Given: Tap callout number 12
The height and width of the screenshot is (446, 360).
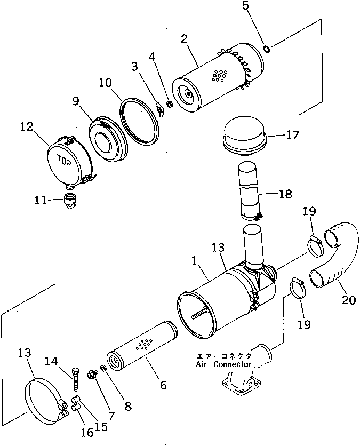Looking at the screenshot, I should click(27, 127).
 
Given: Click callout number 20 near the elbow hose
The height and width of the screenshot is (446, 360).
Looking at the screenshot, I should click(348, 300).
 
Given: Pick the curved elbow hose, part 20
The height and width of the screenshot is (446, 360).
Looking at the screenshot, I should click(335, 257).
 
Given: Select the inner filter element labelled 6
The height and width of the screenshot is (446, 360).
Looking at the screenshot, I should click(142, 347).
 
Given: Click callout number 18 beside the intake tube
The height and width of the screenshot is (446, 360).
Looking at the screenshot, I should click(285, 193).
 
